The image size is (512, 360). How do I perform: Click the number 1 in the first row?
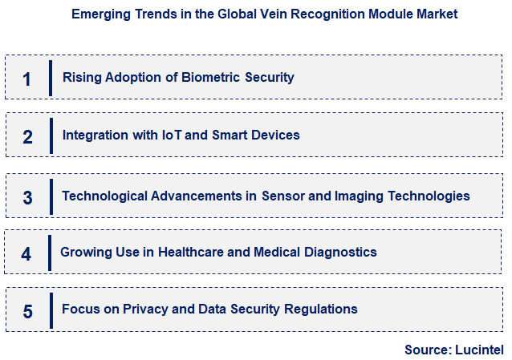pos(26,79)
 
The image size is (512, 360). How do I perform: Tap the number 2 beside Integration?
pos(27,136)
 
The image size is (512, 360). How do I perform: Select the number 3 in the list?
pos(27,197)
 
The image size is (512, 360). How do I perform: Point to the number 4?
pos(26,254)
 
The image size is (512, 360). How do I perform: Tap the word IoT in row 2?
pos(173,135)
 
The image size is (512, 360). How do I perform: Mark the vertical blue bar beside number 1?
pos(50,78)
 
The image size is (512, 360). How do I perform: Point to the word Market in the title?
pos(438,14)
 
